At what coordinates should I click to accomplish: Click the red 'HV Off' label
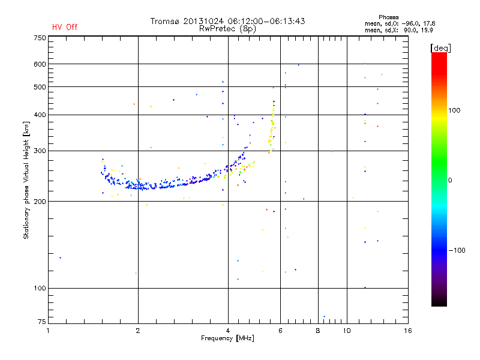coord(64,27)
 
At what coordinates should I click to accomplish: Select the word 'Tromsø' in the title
coord(166,21)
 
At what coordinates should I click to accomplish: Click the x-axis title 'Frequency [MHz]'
coord(228,338)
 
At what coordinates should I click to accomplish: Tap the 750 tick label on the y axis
coord(39,38)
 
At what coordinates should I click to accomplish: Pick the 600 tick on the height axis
coord(39,64)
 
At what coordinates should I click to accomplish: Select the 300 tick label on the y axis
coord(39,151)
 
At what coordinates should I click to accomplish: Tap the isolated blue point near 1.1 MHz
coord(60,258)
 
